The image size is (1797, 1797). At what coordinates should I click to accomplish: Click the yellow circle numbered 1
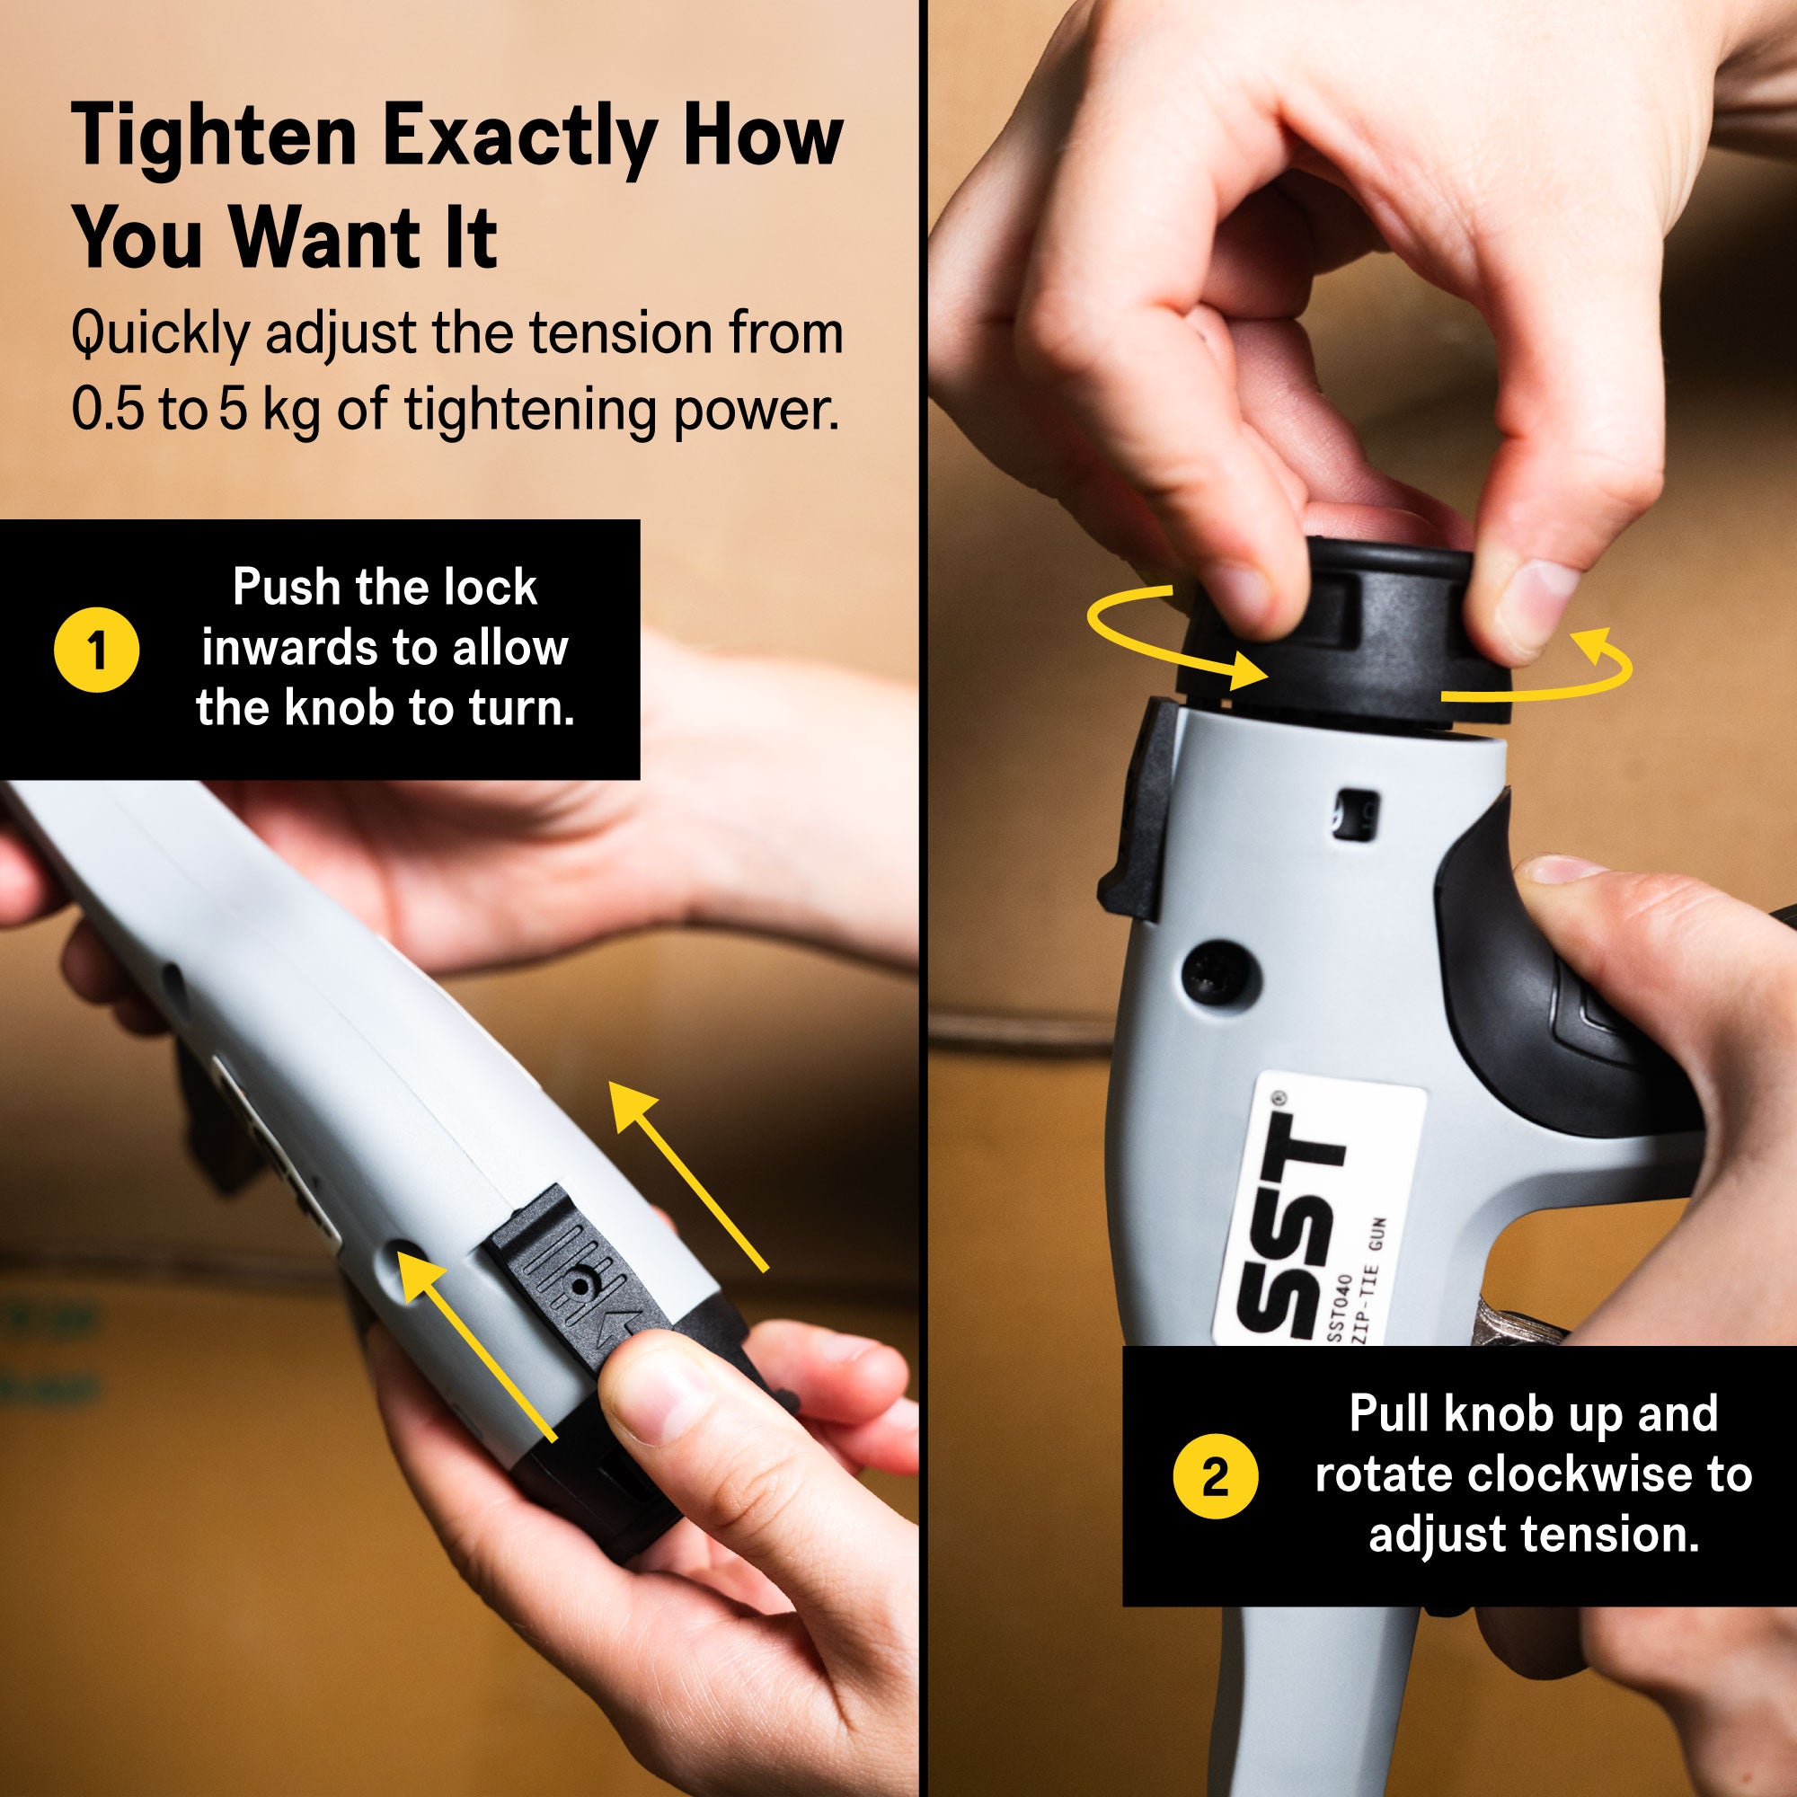[98, 650]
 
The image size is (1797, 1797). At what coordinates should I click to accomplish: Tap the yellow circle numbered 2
[1216, 1476]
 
